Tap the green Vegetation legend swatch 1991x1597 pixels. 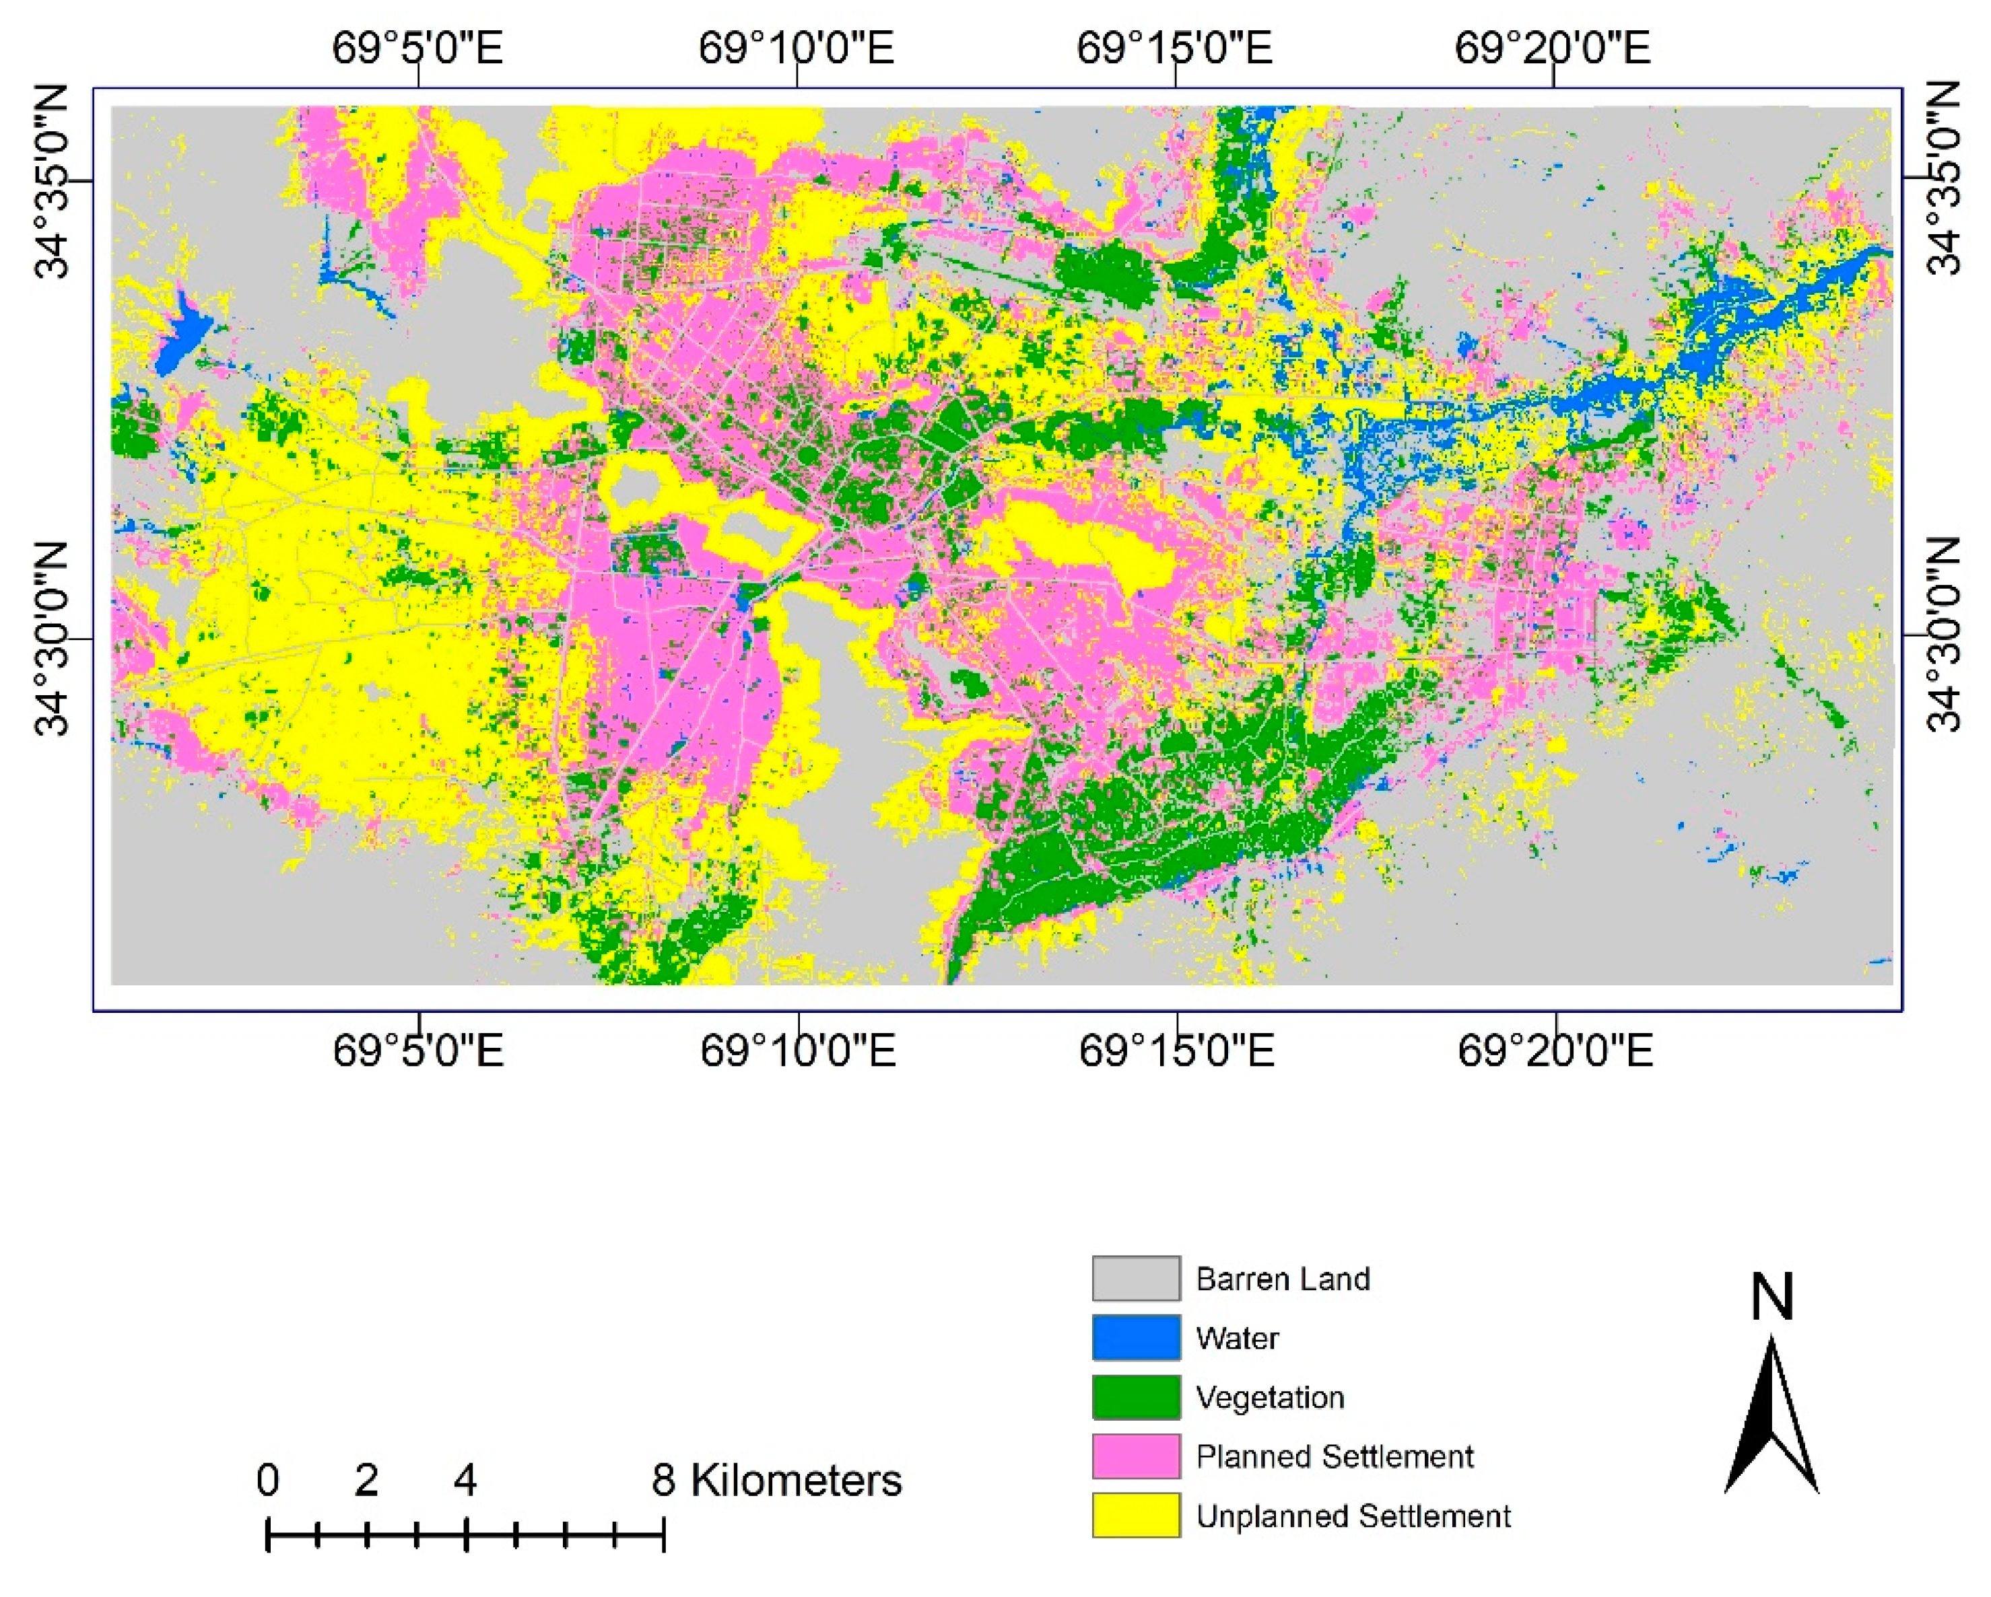click(x=1135, y=1396)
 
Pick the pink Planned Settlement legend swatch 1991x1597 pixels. click(x=1135, y=1456)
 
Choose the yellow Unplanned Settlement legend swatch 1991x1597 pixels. click(x=1135, y=1515)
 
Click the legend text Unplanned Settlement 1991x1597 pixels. click(x=1352, y=1516)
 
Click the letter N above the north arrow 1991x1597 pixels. click(x=1771, y=1296)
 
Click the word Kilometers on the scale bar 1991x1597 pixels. click(x=795, y=1480)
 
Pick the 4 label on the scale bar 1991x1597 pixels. click(x=465, y=1480)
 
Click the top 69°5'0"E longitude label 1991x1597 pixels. click(x=417, y=47)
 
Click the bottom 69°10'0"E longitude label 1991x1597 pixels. click(x=797, y=1051)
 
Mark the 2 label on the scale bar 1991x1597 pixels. click(x=366, y=1480)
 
